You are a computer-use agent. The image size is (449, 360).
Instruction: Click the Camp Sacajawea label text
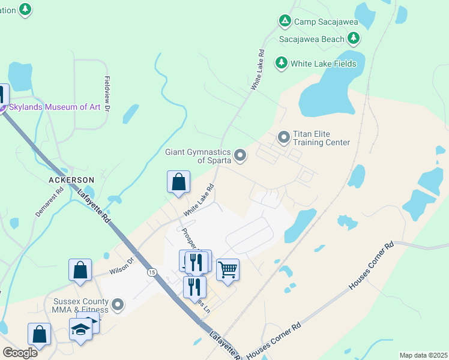[326, 22]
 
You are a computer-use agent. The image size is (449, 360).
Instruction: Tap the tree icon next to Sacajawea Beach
[354, 39]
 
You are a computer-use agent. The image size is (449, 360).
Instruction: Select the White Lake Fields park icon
[281, 63]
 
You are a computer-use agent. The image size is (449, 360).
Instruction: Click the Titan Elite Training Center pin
[284, 138]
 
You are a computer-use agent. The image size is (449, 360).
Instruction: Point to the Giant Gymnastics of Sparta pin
[240, 156]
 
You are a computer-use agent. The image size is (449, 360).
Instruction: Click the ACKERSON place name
[72, 180]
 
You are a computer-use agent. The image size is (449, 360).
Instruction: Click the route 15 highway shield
[152, 272]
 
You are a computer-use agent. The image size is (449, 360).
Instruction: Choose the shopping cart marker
[228, 269]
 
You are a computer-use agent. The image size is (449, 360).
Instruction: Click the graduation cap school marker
[80, 329]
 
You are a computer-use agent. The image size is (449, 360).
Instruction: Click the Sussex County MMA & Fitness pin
[118, 305]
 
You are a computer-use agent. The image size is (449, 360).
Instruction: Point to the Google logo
[20, 352]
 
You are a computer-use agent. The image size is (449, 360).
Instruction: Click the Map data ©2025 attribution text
[423, 355]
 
